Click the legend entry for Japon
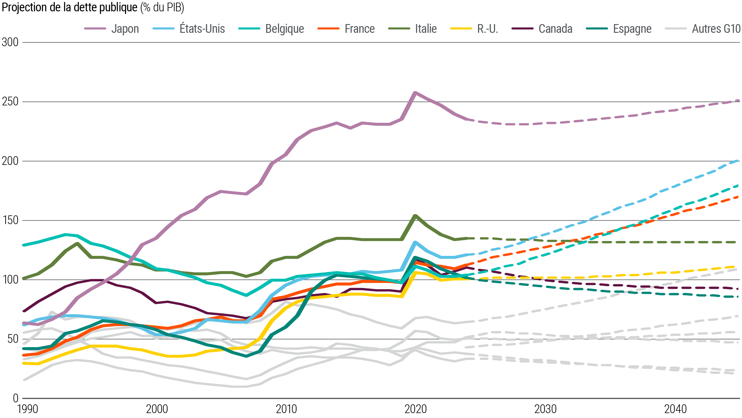[x=125, y=29]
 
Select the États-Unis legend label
[x=202, y=29]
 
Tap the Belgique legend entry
[x=284, y=29]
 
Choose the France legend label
[x=359, y=29]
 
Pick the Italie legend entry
[x=425, y=29]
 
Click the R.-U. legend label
[x=488, y=29]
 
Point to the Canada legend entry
[x=555, y=29]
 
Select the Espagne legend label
[x=632, y=29]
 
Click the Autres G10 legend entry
[x=716, y=29]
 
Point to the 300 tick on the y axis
[x=10, y=42]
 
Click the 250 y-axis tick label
[x=10, y=102]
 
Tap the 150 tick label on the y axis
[x=10, y=220]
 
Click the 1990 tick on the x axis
[x=28, y=409]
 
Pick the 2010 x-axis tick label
[x=286, y=409]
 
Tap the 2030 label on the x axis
[x=545, y=409]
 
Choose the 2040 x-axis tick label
[x=675, y=409]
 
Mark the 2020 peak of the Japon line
[x=415, y=93]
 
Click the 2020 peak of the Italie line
[x=415, y=216]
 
